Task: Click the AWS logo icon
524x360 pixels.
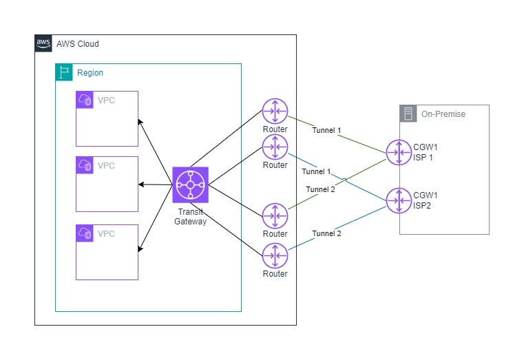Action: [x=43, y=44]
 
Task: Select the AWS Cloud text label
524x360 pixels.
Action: [x=78, y=44]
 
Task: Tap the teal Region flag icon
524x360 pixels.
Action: [x=65, y=72]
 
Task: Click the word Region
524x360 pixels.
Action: [x=90, y=72]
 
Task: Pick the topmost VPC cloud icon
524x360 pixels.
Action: [x=85, y=100]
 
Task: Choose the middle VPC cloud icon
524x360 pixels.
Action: [x=85, y=165]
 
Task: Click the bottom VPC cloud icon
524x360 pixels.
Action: [x=85, y=233]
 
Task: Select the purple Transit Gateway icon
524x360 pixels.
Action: [x=190, y=184]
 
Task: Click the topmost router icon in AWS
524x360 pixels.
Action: [x=275, y=112]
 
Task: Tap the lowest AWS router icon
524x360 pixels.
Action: [x=275, y=256]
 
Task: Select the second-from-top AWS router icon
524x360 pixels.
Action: [x=275, y=147]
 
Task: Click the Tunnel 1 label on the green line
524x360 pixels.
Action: [x=326, y=130]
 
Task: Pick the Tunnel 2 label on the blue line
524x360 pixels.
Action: [x=326, y=233]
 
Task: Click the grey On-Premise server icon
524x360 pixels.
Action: [x=408, y=114]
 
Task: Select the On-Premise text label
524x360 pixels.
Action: [x=443, y=114]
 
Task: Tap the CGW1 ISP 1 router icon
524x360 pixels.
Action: [x=399, y=152]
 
